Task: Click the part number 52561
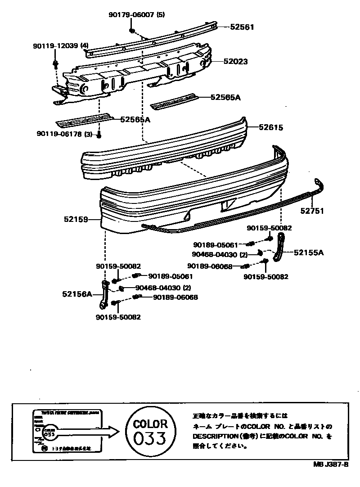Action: (242, 27)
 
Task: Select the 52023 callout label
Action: (236, 62)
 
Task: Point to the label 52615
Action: (271, 127)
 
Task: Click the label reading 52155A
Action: (309, 253)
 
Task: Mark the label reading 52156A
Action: (77, 294)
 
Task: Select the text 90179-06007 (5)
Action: (136, 14)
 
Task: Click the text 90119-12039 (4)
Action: (61, 46)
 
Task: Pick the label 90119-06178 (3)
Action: (64, 134)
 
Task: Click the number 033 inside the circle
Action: (150, 437)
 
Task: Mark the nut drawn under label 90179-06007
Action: (131, 30)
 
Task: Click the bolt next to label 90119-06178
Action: (99, 134)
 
